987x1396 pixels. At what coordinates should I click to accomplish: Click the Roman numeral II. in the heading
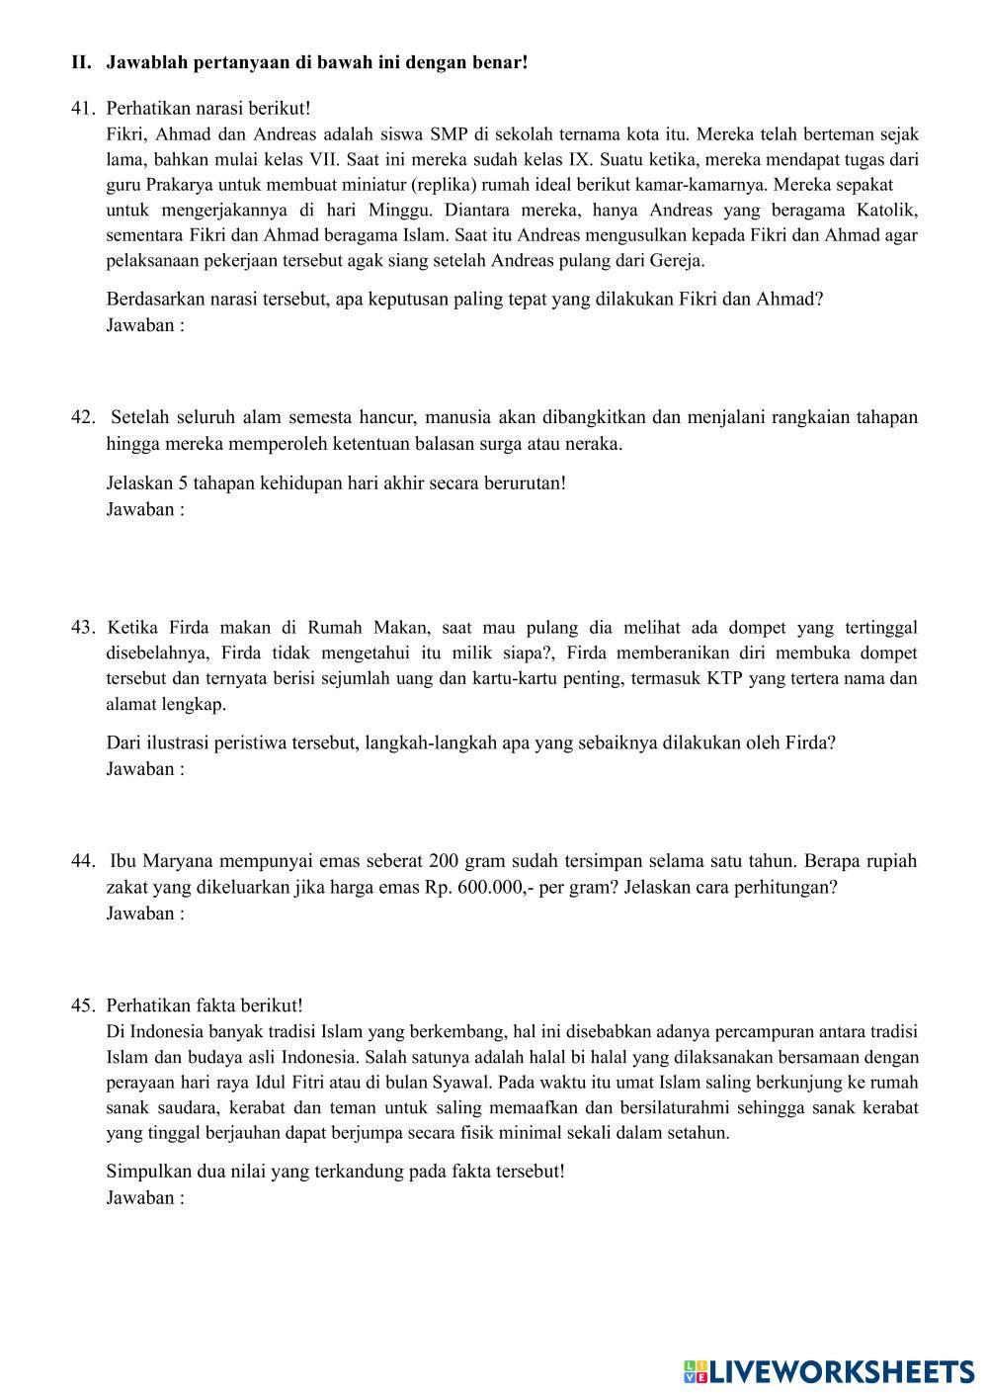81,63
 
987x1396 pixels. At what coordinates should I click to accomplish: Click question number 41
82,109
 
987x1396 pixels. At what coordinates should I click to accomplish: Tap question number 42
82,417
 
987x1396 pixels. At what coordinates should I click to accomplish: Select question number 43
82,628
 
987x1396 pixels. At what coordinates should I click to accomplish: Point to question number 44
82,861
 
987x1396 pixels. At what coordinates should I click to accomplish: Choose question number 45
82,1005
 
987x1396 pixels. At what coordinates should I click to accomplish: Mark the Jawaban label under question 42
144,510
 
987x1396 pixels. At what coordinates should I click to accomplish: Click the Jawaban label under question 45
144,1198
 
